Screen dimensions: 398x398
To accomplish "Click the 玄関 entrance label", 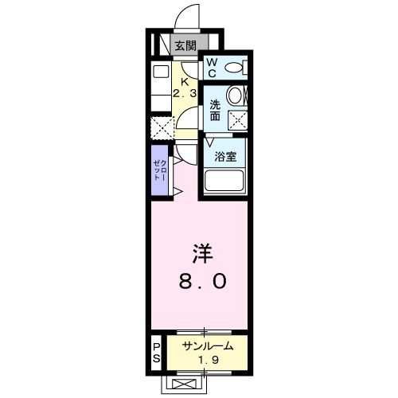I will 185,45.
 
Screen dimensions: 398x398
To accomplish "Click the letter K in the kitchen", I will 185,80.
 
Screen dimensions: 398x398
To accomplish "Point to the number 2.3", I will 185,94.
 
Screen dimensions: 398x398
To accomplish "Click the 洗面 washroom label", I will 216,110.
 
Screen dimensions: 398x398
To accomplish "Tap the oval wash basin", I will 236,97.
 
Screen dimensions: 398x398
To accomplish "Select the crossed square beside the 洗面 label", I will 237,119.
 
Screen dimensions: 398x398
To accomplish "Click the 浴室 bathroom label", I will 225,156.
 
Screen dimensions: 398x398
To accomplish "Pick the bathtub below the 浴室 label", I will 225,181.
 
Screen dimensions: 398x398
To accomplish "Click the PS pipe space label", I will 158,353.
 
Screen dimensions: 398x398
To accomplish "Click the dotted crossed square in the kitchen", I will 162,127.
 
